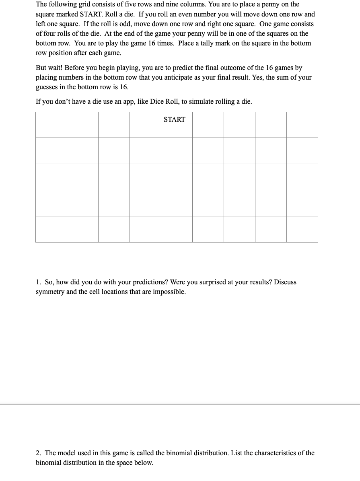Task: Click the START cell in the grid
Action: click(177, 125)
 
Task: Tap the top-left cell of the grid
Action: click(51, 125)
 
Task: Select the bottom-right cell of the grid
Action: click(302, 229)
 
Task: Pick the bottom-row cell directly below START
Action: click(177, 229)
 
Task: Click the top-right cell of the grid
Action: click(302, 125)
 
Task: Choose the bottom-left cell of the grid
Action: click(51, 229)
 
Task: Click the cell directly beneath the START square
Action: click(177, 151)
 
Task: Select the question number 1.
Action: click(38, 282)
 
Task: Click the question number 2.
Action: click(38, 453)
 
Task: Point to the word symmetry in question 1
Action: click(50, 292)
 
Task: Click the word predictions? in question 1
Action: click(149, 282)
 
